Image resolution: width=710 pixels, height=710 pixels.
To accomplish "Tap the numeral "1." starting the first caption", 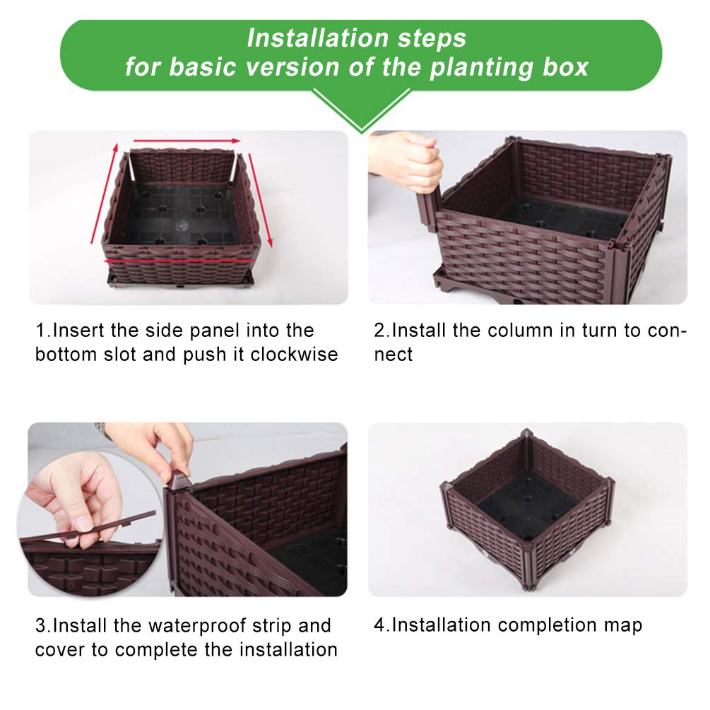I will (x=44, y=331).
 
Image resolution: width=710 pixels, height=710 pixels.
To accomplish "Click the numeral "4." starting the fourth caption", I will (x=382, y=625).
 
